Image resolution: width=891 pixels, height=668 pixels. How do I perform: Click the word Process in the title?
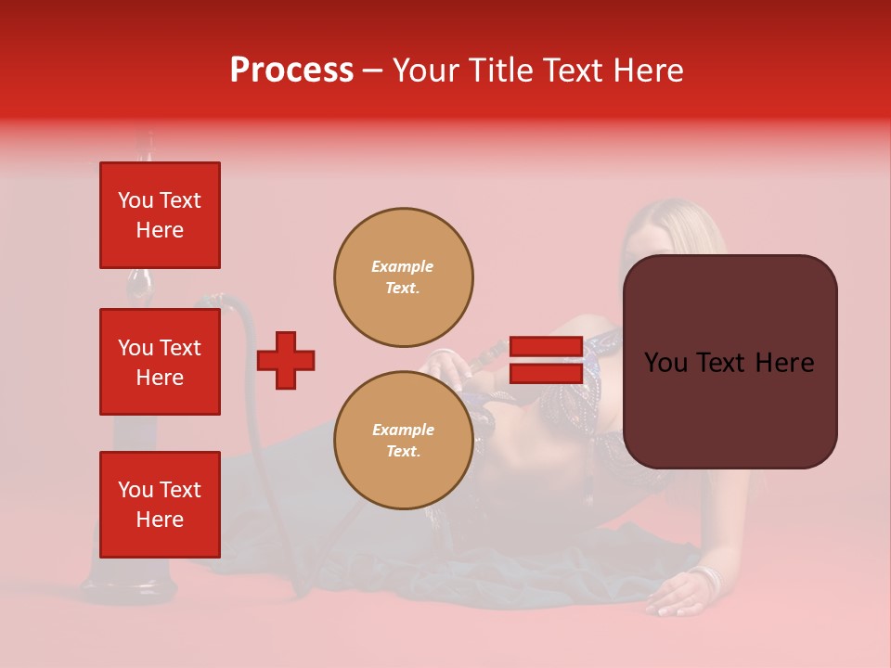point(291,71)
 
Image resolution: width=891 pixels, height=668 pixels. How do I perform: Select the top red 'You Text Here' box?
point(160,215)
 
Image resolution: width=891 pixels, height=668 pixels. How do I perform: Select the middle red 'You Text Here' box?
point(160,362)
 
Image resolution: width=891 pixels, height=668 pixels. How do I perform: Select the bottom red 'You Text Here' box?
point(160,505)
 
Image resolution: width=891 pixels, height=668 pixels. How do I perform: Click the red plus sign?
point(286,360)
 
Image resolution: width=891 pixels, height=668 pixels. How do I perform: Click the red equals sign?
point(546,360)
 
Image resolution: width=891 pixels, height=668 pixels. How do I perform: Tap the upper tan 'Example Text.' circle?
point(403,277)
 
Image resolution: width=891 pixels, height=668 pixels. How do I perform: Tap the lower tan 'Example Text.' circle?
point(403,441)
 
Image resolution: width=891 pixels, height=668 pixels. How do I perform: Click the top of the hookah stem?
point(145,139)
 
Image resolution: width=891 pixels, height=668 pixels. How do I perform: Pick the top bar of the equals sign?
point(546,347)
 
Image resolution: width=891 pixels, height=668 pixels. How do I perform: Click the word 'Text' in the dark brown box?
point(729,363)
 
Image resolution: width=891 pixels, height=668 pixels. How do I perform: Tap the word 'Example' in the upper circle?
point(402,266)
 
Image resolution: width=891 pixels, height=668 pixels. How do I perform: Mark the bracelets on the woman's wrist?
point(707,580)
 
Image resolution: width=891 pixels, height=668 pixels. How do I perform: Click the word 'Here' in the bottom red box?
point(160,520)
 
